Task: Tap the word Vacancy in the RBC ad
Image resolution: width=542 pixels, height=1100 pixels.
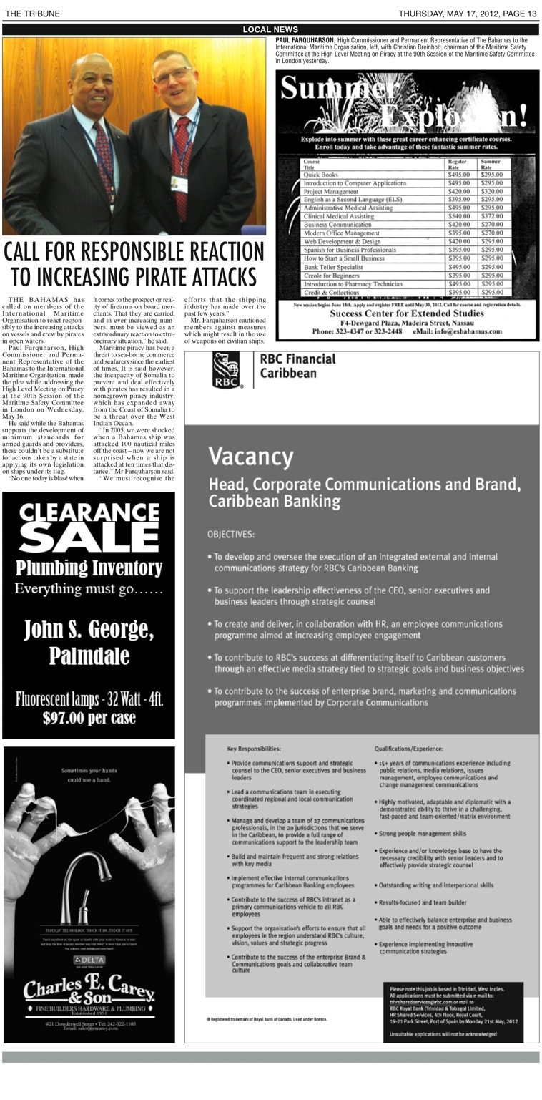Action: point(241,456)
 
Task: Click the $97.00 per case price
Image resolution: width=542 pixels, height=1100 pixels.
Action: point(89,717)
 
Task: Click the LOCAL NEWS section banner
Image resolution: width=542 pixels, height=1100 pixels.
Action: point(270,29)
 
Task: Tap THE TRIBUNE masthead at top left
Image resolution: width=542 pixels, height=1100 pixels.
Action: point(32,14)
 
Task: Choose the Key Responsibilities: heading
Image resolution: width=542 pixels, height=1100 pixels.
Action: point(254,749)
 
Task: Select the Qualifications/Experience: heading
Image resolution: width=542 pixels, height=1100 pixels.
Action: point(409,749)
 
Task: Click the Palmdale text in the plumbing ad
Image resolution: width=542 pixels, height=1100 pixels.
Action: point(89,656)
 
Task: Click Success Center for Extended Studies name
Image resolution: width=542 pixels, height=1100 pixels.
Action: point(407,313)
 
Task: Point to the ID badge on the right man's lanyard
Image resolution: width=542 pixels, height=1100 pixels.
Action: point(179,184)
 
